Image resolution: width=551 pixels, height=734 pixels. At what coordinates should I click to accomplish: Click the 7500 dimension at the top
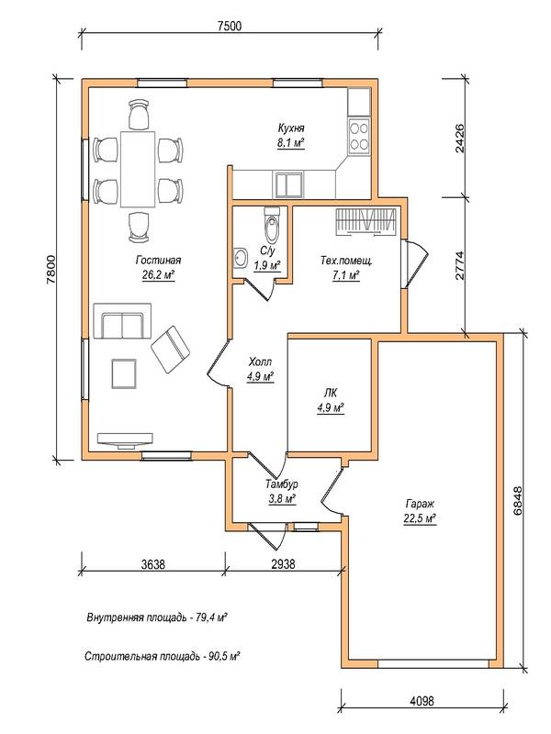point(230,26)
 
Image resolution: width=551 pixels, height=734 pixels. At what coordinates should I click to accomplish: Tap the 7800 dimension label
point(51,269)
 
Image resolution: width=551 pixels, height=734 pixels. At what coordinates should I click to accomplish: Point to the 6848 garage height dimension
point(518,501)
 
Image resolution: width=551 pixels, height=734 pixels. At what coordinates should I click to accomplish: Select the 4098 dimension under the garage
point(422,701)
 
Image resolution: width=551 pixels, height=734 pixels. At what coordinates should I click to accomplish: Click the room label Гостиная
point(158,261)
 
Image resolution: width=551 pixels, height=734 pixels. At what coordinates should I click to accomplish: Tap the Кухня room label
point(291,128)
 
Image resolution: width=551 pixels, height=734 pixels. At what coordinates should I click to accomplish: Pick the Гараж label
point(420,504)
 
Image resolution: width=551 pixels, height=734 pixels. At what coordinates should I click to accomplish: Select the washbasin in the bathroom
point(241,258)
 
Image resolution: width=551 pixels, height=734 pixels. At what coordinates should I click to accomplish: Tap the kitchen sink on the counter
point(288,184)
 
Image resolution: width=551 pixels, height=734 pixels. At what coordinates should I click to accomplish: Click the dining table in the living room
point(138,170)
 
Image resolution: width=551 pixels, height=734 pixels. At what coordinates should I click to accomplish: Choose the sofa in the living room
point(122,321)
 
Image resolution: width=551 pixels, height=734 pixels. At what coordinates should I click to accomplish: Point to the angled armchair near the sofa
point(170,350)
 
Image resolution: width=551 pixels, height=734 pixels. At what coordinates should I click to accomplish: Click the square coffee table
point(124,373)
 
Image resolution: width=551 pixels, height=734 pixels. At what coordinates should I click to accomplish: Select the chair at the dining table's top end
point(139,115)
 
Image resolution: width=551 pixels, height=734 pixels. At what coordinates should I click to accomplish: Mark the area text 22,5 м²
point(420,518)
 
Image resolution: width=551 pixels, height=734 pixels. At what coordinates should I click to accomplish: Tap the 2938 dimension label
point(284,563)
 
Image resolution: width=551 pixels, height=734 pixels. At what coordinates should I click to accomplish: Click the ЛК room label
point(331,394)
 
